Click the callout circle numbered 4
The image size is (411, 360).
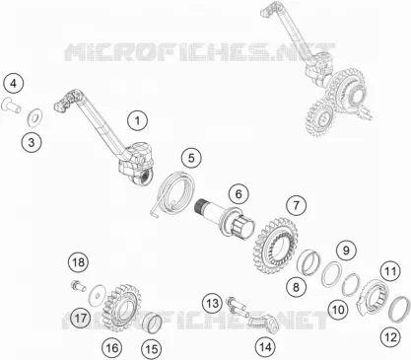(13, 84)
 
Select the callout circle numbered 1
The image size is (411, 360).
(137, 120)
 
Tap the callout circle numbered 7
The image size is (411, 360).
(296, 205)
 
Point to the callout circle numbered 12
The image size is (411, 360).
(390, 337)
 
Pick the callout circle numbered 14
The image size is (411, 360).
(265, 346)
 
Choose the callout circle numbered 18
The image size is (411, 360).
(78, 262)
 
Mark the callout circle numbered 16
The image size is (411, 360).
(111, 347)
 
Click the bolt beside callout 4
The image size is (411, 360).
(11, 106)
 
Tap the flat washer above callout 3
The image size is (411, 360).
(34, 117)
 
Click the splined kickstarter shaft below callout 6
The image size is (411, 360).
(227, 217)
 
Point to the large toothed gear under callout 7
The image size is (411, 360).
(276, 245)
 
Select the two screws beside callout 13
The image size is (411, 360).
(238, 306)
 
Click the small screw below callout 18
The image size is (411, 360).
(78, 285)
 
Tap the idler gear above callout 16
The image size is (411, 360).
(122, 307)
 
